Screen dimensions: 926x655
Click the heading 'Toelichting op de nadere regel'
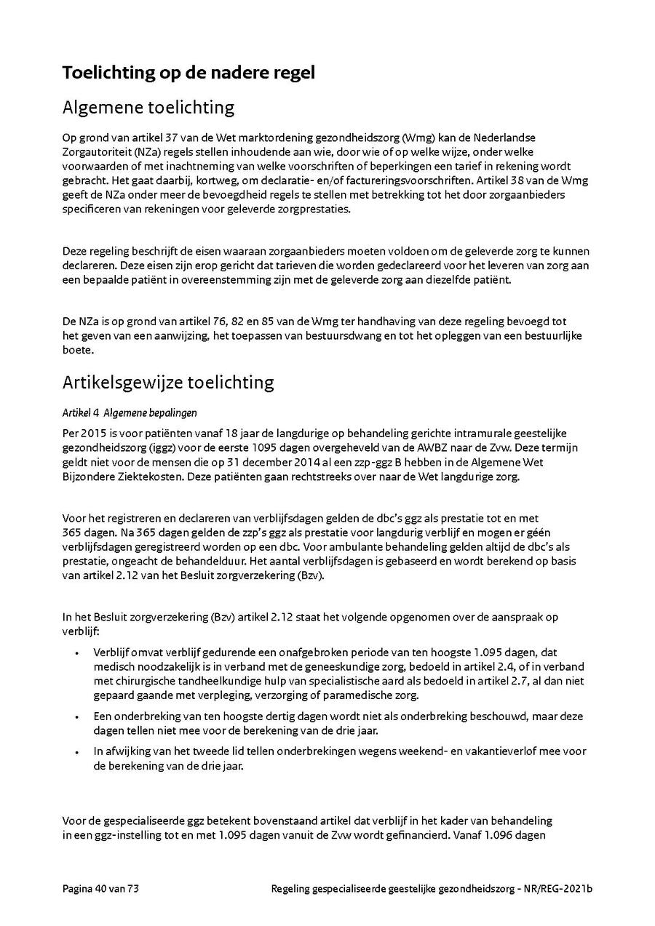click(188, 73)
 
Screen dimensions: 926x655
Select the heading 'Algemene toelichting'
click(148, 108)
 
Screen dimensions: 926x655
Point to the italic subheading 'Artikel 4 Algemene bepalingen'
click(130, 412)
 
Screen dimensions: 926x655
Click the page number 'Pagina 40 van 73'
click(100, 889)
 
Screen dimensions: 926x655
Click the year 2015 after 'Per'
click(92, 433)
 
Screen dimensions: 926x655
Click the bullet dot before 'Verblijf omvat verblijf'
click(78, 653)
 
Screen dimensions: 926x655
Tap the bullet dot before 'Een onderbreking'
click(78, 717)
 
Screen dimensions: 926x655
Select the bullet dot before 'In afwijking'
click(78, 751)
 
